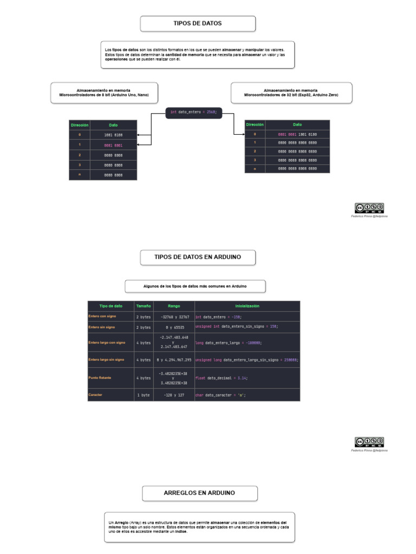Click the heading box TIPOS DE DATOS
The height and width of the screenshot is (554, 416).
[x=198, y=24]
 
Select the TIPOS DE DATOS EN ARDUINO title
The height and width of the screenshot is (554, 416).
[x=198, y=257]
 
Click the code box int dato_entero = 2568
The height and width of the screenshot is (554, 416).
[x=193, y=112]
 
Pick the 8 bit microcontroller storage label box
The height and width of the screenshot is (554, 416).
[x=105, y=93]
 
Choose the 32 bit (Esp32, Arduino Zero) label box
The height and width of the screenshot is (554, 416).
[x=291, y=93]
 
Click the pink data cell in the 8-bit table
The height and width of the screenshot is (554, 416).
[x=114, y=144]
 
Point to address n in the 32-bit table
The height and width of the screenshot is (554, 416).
[x=255, y=169]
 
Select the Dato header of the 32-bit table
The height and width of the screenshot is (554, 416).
[x=298, y=124]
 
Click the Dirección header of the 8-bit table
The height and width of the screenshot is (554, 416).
[x=79, y=124]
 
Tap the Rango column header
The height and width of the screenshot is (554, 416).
[x=174, y=306]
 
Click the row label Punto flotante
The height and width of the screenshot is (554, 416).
[x=100, y=378]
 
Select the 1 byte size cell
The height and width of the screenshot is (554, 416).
[x=144, y=395]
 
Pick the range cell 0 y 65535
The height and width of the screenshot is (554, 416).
[x=174, y=327]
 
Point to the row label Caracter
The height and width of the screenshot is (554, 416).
[x=95, y=395]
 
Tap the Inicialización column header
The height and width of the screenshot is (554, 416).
[x=247, y=306]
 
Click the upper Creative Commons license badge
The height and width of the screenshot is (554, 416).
[x=369, y=207]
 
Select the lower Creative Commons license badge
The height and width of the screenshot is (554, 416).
[x=369, y=441]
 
